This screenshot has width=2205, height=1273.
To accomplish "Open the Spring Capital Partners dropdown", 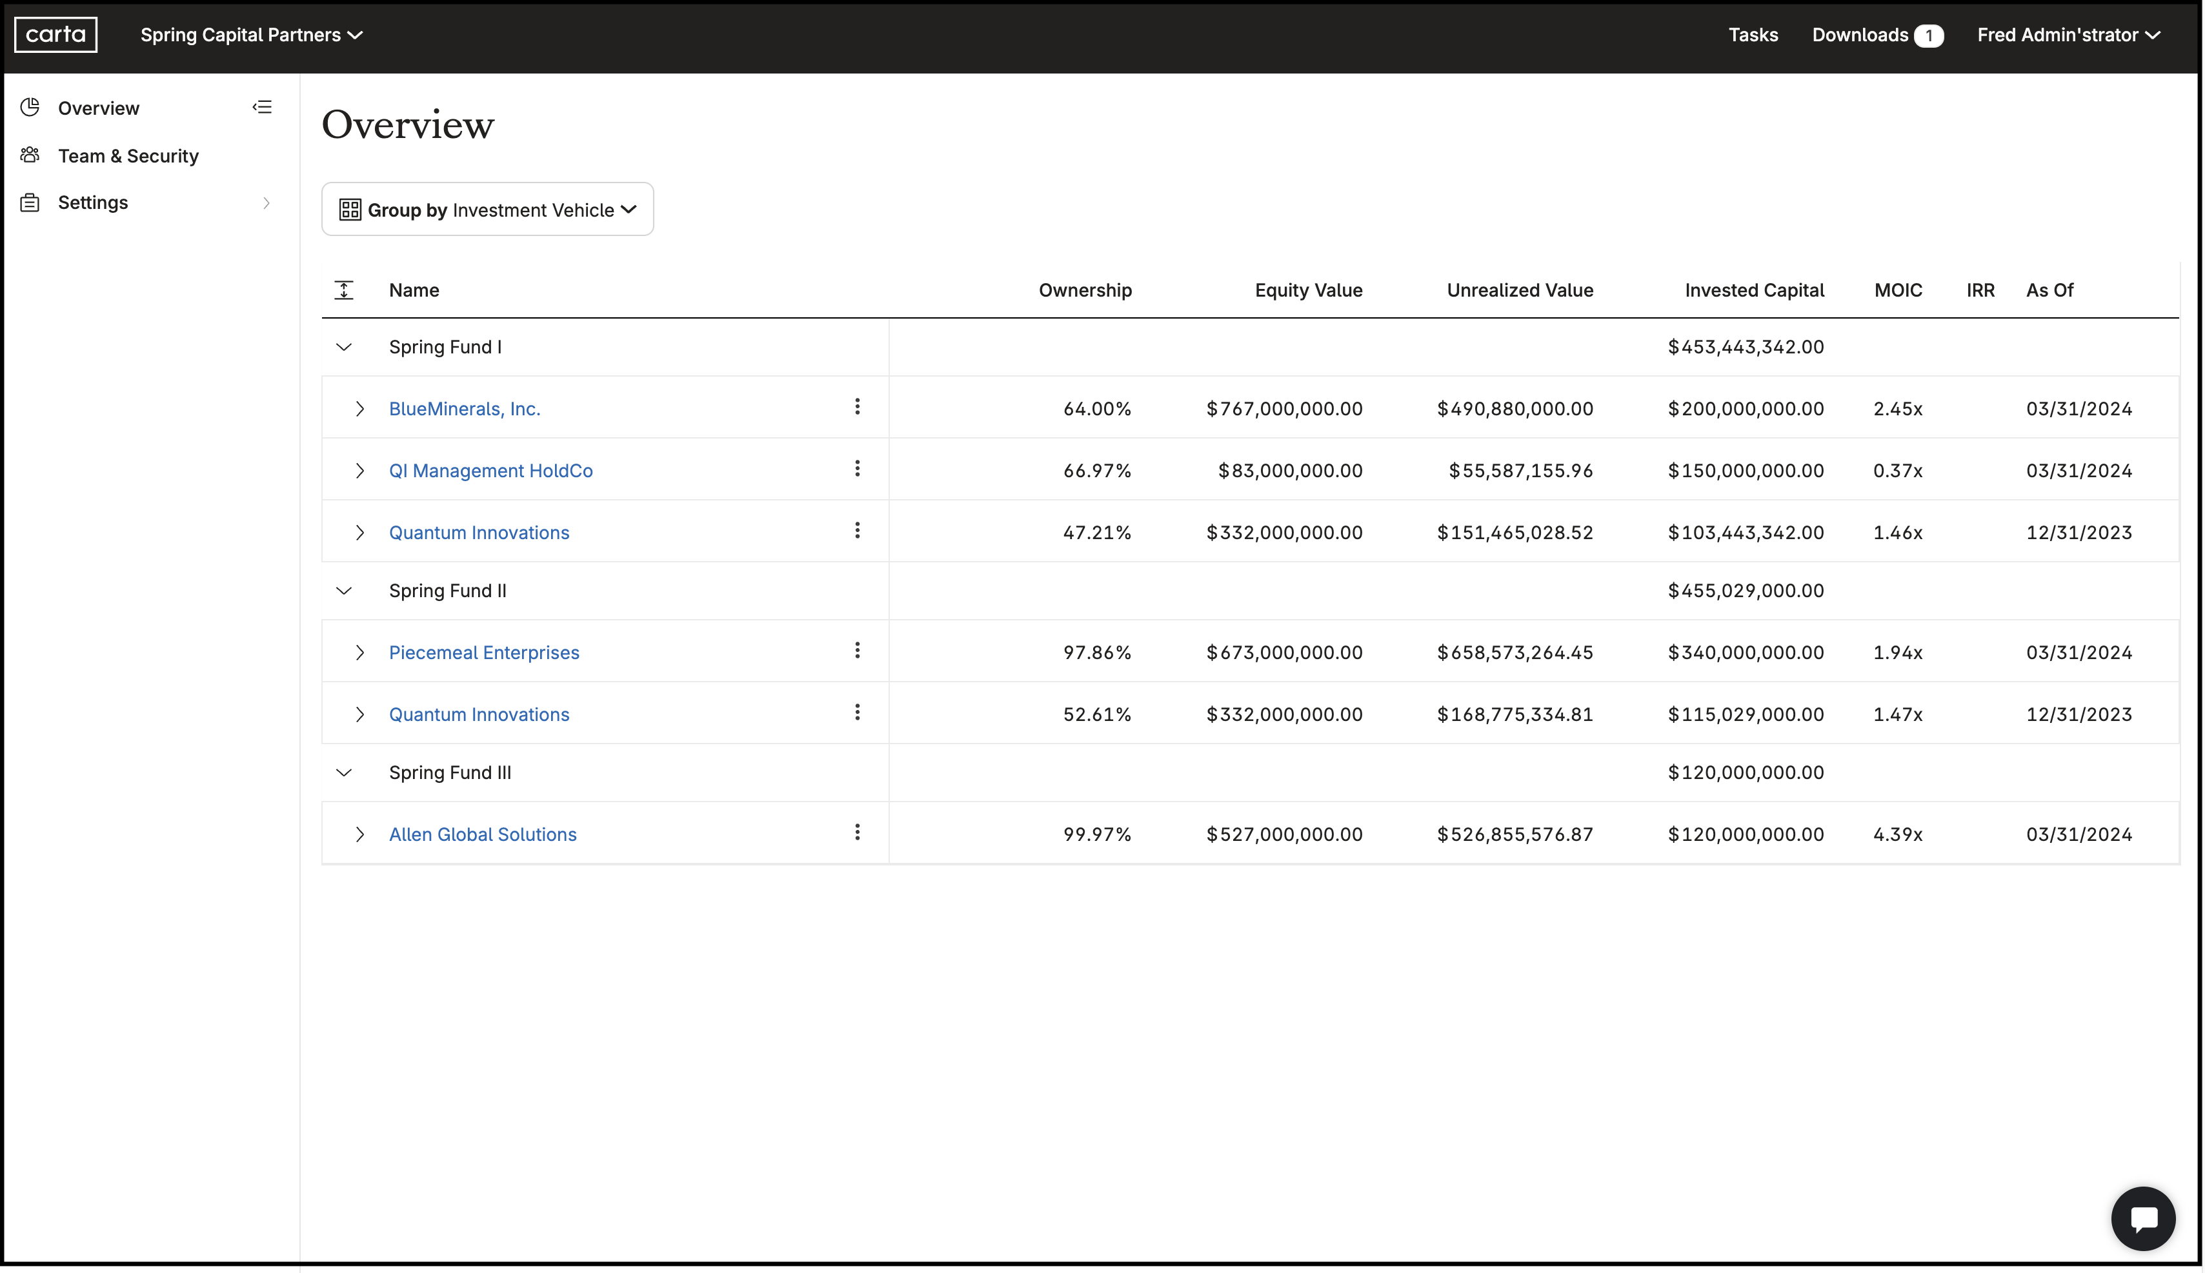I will [x=251, y=35].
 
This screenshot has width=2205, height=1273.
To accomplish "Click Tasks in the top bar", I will [x=1752, y=35].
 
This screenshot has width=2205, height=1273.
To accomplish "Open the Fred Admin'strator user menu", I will [x=2068, y=35].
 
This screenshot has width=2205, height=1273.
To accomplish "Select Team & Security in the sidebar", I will [x=128, y=155].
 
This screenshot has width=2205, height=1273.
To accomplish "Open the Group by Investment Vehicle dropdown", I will [x=487, y=210].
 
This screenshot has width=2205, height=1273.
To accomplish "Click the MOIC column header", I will [x=1897, y=290].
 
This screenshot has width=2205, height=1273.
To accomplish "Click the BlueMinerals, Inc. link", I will [x=465, y=409].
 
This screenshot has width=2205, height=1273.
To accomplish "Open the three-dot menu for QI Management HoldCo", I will [x=857, y=469].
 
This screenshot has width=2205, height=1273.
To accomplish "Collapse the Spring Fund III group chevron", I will [x=344, y=773].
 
